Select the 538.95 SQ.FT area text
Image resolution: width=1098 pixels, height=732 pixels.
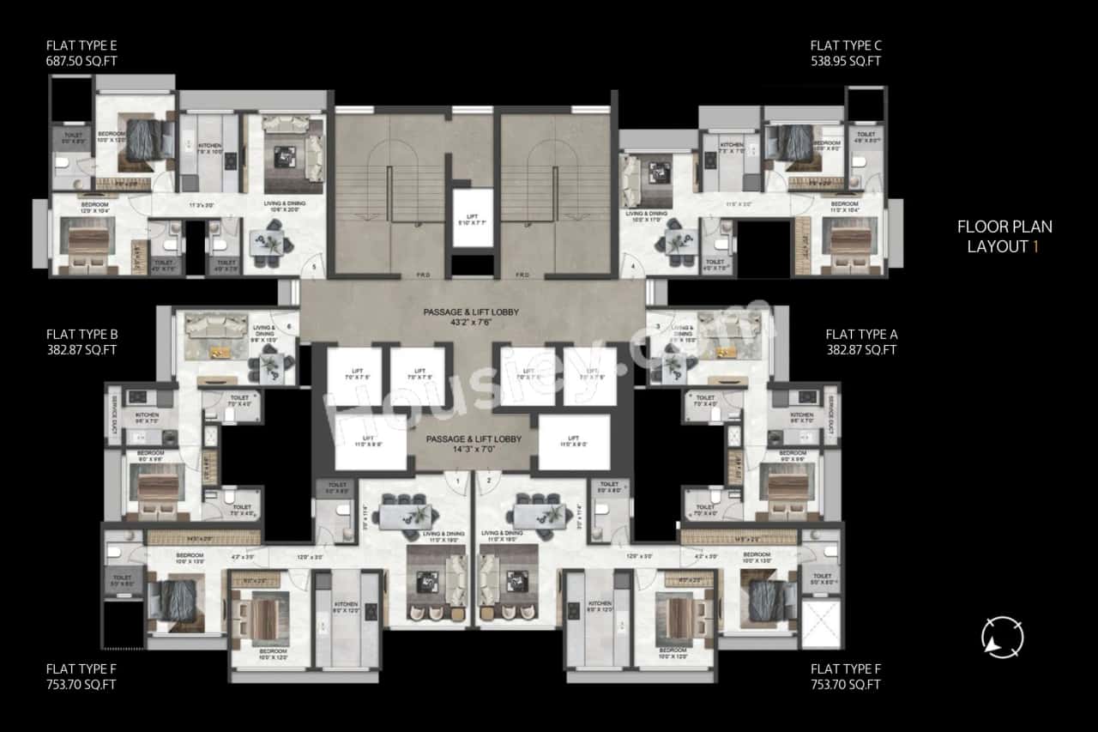click(x=845, y=61)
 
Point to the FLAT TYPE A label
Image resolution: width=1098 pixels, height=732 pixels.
click(x=860, y=334)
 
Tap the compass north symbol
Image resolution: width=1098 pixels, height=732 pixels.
click(x=1002, y=637)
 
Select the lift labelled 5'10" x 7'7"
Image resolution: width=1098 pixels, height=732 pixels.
click(x=473, y=221)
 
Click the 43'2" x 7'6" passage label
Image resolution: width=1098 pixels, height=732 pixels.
click(x=473, y=324)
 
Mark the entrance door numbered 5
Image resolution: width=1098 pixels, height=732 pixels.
click(x=314, y=267)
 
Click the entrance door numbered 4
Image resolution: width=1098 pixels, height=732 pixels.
click(x=633, y=267)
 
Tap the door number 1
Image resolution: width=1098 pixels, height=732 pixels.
click(x=459, y=481)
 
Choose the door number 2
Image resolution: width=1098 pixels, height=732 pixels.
click(x=489, y=481)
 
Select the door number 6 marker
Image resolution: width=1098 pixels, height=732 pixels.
click(x=289, y=326)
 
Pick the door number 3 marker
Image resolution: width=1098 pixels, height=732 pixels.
click(x=658, y=326)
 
